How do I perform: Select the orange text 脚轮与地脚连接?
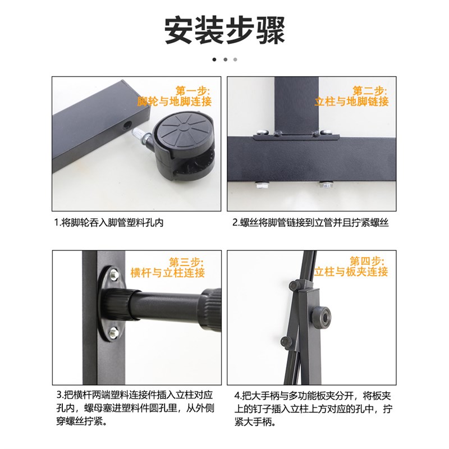click(x=175, y=102)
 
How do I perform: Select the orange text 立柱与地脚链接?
click(x=351, y=102)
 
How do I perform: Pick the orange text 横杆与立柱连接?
click(x=168, y=273)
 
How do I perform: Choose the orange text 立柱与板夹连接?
click(x=351, y=272)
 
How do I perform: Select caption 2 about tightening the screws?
click(x=311, y=223)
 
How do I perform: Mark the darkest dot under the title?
click(x=214, y=59)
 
